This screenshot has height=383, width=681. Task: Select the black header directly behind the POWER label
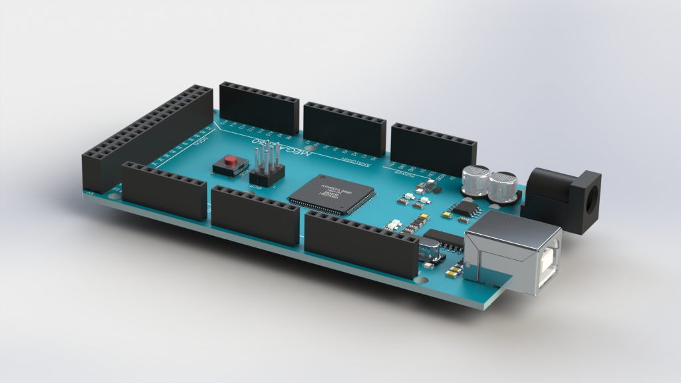tap(434, 148)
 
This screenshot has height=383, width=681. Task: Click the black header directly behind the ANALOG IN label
tap(344, 128)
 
